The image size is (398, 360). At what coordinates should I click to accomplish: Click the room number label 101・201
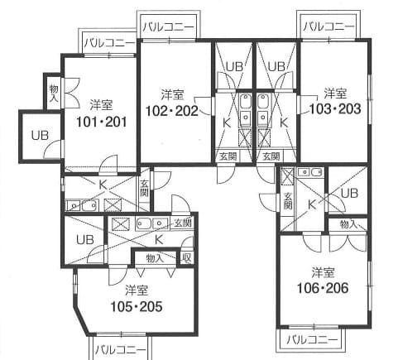(x=101, y=122)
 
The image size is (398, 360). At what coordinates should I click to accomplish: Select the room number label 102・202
(x=172, y=111)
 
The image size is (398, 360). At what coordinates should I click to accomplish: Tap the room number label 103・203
(x=335, y=108)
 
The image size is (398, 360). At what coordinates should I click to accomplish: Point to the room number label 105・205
(x=137, y=306)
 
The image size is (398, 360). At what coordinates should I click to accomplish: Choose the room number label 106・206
(x=323, y=288)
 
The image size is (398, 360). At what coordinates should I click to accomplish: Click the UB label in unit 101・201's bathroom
(x=40, y=136)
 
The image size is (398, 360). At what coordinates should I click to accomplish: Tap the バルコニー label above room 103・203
(x=328, y=26)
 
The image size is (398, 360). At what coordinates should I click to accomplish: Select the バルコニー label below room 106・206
(x=312, y=340)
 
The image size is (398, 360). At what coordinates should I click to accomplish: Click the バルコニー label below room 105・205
(x=120, y=350)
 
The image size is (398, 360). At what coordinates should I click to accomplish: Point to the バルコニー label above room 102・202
(x=168, y=27)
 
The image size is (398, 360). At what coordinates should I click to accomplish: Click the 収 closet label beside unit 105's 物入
(x=186, y=258)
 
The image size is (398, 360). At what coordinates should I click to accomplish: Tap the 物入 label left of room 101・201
(x=54, y=94)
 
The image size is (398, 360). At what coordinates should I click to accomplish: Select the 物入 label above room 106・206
(x=348, y=224)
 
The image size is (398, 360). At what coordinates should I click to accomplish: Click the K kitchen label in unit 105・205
(x=159, y=240)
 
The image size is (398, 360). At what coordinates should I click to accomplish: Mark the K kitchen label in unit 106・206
(x=312, y=204)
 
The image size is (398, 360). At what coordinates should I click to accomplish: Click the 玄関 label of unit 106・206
(x=288, y=200)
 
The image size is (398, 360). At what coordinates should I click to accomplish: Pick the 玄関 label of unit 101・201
(x=144, y=188)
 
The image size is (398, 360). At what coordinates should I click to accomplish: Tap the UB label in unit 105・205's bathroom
(x=85, y=240)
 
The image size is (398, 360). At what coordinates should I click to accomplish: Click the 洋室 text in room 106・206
(x=323, y=272)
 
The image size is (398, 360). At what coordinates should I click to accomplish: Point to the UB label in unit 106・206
(x=349, y=194)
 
